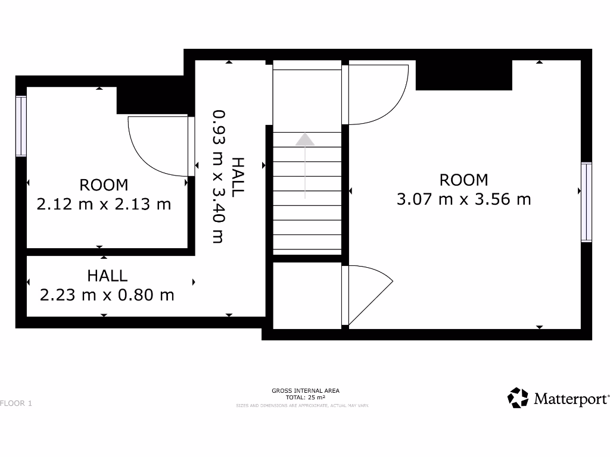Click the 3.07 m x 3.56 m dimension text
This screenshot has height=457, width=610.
point(463,199)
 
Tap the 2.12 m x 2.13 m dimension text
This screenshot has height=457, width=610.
point(104,205)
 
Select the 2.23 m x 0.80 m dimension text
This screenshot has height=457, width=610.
point(107,295)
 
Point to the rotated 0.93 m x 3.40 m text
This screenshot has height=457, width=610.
point(219,176)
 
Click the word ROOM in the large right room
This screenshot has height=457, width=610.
point(463,180)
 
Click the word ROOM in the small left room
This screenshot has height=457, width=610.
point(104,185)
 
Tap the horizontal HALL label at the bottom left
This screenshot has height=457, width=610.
point(107,276)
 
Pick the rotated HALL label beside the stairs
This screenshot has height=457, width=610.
point(238,177)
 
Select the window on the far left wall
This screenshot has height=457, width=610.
point(21,126)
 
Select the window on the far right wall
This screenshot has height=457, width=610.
point(587,202)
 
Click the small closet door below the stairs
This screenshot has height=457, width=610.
point(366,295)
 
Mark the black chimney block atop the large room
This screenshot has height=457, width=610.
point(463,75)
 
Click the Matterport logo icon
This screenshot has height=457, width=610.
point(518,398)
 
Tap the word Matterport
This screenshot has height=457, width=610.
point(571,399)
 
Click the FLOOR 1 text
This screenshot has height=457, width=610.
point(16,403)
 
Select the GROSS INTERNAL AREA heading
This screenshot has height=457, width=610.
point(305,391)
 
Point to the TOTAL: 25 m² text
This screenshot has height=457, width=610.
point(305,397)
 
